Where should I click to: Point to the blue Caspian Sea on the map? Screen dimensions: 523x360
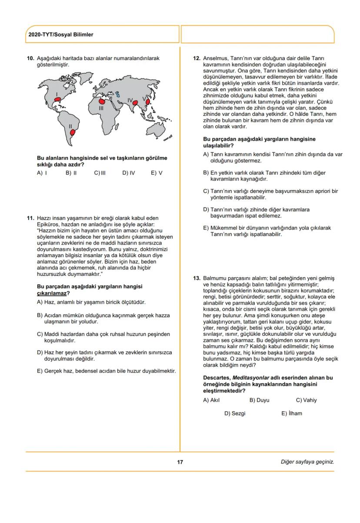(x=117, y=94)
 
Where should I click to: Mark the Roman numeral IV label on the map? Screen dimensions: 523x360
(x=130, y=100)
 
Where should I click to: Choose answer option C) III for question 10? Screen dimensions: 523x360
(x=100, y=173)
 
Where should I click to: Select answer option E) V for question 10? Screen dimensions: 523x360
(x=157, y=173)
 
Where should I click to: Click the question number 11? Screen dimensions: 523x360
(x=30, y=218)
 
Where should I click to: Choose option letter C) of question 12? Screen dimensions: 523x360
(x=207, y=191)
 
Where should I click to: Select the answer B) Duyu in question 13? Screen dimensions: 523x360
(x=259, y=400)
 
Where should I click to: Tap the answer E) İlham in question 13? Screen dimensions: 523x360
(x=291, y=413)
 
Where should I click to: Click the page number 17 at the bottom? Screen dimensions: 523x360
(x=180, y=462)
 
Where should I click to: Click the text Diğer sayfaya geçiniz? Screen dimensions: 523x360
(x=307, y=462)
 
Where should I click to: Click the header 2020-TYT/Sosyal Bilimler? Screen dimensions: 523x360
(x=60, y=34)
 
